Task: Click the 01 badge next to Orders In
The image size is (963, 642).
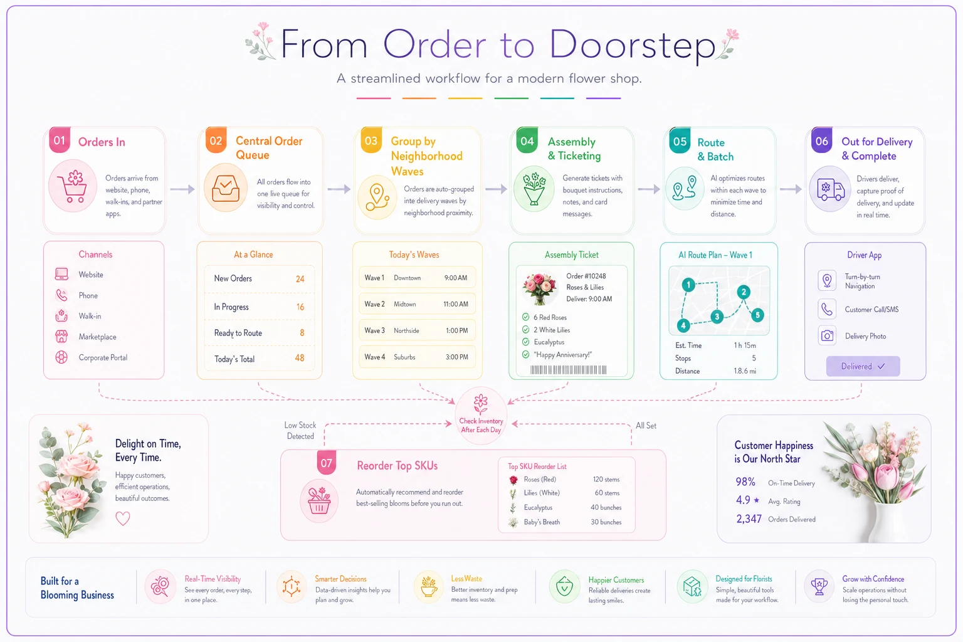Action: (60, 140)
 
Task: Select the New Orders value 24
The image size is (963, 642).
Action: (300, 278)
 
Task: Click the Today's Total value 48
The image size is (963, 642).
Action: (299, 358)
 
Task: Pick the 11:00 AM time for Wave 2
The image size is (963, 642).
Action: (456, 304)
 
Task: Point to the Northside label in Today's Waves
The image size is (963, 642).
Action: (406, 330)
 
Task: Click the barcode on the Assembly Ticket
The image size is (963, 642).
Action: (569, 369)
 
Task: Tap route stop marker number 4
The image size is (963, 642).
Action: (683, 325)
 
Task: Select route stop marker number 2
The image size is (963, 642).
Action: (744, 292)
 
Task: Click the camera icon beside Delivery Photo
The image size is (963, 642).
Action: (827, 336)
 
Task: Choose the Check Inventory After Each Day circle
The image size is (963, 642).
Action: (481, 416)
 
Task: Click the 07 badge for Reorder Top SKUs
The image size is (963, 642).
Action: (326, 463)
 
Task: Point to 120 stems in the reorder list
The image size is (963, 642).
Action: (606, 480)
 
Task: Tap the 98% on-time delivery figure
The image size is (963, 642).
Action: (745, 481)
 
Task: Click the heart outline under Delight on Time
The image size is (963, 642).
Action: (122, 518)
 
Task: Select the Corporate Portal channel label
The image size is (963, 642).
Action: (103, 357)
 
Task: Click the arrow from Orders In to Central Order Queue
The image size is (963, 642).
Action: (182, 189)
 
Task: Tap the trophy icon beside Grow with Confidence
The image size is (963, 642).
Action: (819, 586)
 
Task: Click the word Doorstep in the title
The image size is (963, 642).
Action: (632, 45)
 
